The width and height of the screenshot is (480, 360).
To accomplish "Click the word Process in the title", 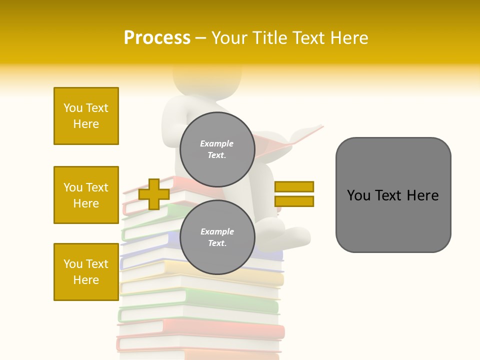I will click(157, 38).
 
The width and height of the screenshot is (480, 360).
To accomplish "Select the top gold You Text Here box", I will click(86, 116).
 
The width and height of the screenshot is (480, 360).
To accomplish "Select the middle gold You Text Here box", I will click(86, 195).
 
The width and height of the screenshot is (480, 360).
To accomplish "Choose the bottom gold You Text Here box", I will click(86, 271).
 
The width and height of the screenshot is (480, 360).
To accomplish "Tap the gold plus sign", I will click(154, 194).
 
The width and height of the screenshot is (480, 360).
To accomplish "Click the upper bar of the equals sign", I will click(294, 186).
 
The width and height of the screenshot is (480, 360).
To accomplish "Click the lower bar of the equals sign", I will click(294, 201).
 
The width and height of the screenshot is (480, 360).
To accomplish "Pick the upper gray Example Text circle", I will click(217, 149).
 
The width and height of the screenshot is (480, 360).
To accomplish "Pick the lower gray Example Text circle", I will click(217, 237).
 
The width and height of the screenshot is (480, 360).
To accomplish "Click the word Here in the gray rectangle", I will click(422, 195).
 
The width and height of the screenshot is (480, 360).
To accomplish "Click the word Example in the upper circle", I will click(217, 143).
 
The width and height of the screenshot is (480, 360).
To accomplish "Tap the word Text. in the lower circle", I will click(217, 243).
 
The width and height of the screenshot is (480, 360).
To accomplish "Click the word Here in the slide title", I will click(349, 38).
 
